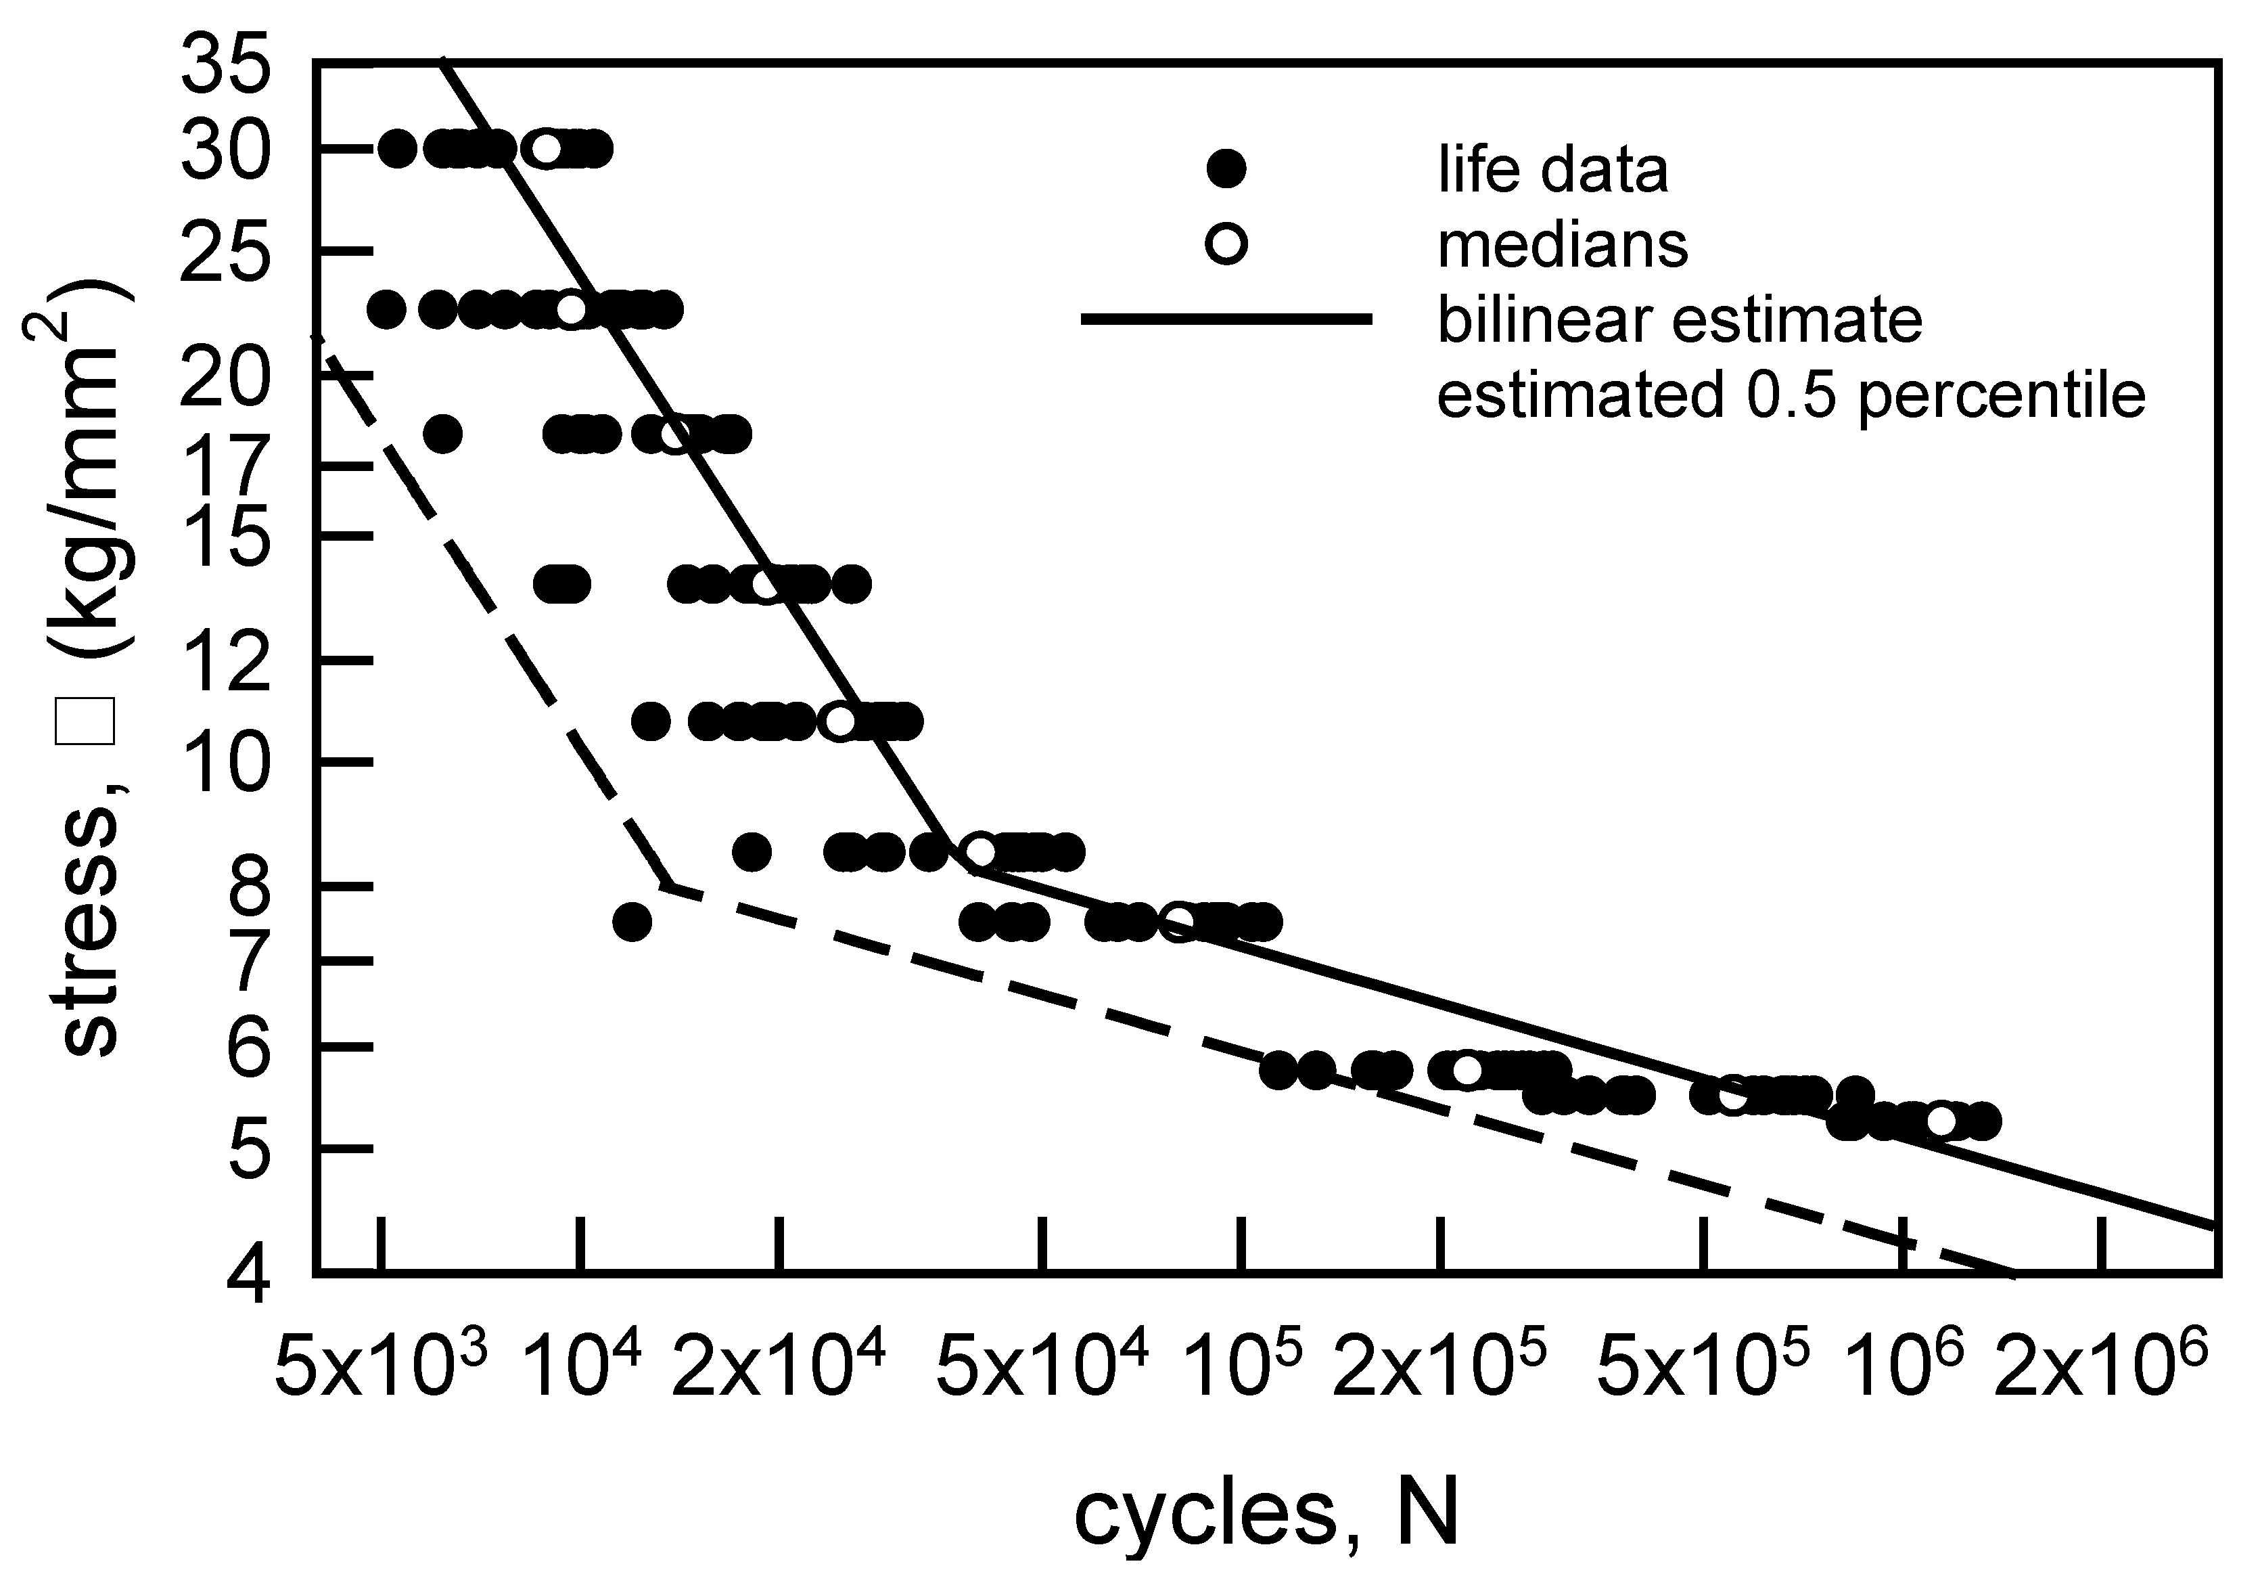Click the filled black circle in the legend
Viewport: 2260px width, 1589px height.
[x=1226, y=169]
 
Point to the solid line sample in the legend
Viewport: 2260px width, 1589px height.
[x=1226, y=318]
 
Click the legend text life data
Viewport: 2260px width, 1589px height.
[x=1552, y=169]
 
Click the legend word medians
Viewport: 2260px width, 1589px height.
[x=1562, y=244]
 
